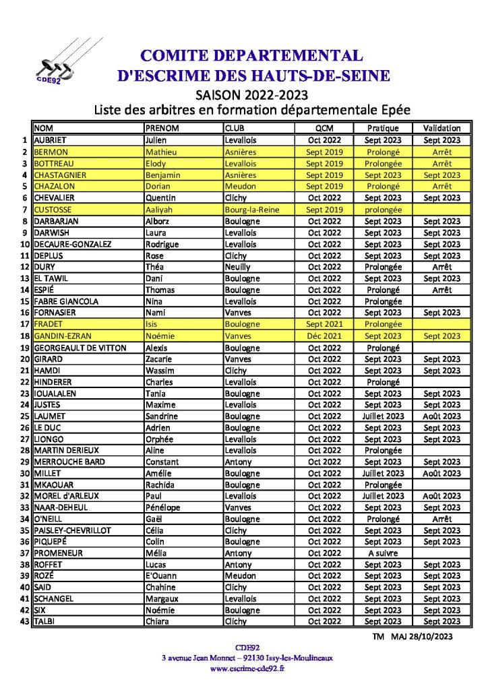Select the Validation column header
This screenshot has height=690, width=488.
click(441, 128)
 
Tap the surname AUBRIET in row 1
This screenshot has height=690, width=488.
click(54, 140)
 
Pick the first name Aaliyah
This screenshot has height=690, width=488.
click(162, 210)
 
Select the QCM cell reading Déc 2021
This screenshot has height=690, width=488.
click(324, 336)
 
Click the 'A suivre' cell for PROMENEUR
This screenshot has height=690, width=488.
click(383, 553)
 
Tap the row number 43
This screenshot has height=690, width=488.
click(26, 621)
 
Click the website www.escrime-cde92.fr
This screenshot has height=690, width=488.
click(247, 668)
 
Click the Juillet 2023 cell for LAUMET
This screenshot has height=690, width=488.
click(383, 416)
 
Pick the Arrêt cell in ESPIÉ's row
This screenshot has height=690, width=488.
click(441, 290)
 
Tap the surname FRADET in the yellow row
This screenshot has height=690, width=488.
click(49, 324)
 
